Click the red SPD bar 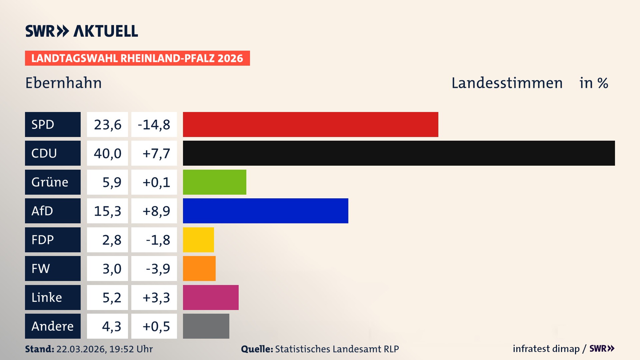[310, 124]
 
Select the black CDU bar [399, 153]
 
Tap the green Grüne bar [214, 182]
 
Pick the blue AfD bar [265, 211]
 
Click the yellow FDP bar [198, 240]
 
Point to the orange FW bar [199, 268]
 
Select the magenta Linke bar [211, 297]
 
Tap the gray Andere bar [206, 326]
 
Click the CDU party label [53, 153]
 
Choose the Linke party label [53, 297]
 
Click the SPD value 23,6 [107, 124]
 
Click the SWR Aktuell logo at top [82, 31]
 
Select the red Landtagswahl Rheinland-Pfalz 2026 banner [137, 58]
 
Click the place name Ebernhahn [63, 83]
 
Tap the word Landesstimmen [507, 83]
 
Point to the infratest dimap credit [546, 349]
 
